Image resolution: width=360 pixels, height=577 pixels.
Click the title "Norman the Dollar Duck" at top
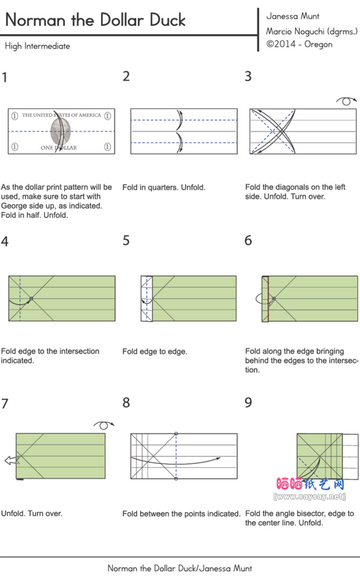pos(95,20)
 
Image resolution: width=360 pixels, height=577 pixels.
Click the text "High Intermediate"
pos(37,46)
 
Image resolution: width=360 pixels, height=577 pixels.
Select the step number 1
pos(5,77)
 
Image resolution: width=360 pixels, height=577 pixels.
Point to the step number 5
pos(126,240)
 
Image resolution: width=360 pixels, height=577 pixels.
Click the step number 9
pos(249,402)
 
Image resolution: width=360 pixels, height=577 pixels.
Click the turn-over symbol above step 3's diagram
pos(346,102)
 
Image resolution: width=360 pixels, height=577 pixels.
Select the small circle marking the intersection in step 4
pos(31,298)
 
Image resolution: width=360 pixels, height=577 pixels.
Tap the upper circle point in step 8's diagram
pos(176,433)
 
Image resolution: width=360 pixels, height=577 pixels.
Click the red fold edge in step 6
pos(269,299)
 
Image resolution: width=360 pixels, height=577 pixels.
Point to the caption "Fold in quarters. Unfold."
pos(164,187)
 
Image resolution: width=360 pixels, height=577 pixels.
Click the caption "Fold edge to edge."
pos(154,351)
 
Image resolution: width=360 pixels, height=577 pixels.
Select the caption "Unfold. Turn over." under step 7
pos(31,513)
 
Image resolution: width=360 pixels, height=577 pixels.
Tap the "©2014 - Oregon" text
pos(299,44)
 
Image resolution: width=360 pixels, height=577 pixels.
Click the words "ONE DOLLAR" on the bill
pos(58,148)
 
